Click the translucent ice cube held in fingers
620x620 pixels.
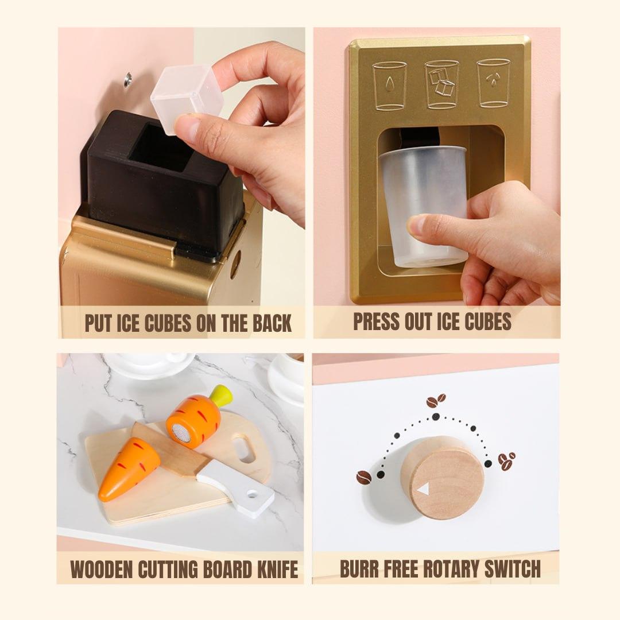[x=187, y=98]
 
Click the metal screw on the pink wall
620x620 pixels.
[x=127, y=79]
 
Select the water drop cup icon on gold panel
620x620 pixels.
[x=390, y=86]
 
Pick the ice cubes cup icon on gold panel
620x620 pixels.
[x=442, y=84]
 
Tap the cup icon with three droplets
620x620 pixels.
[x=494, y=83]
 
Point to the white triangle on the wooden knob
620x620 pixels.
[x=423, y=490]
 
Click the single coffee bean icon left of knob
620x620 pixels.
[x=364, y=477]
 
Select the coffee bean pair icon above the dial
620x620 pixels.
[x=436, y=401]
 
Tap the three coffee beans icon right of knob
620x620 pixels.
[x=507, y=461]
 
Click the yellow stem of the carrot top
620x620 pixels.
[x=221, y=396]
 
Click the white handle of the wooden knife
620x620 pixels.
[x=236, y=489]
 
